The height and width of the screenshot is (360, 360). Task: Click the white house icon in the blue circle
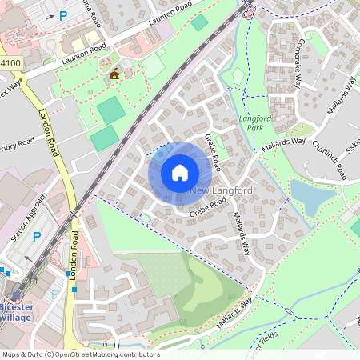coord(180,172)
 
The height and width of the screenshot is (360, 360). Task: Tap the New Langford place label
coord(222,190)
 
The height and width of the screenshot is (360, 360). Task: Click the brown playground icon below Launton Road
coord(114,74)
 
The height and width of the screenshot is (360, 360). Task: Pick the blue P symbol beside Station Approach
coord(36,237)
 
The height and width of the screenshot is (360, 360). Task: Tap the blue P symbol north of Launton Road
coord(63,15)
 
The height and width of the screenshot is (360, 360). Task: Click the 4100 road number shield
coord(10,62)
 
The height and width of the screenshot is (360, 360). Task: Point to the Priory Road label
coord(18,146)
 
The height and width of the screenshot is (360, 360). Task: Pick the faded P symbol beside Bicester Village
coord(54,294)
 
